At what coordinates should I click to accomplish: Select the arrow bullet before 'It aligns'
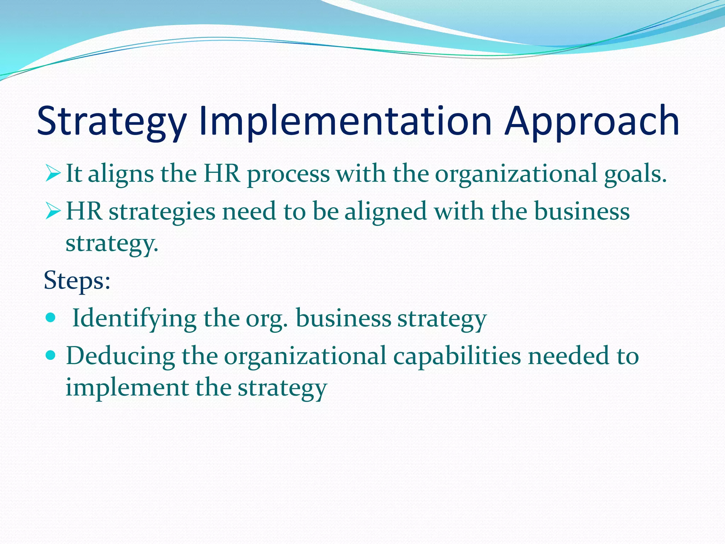pos(53,174)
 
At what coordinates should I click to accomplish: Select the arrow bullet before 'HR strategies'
pos(53,211)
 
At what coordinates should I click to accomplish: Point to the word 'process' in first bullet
pos(288,174)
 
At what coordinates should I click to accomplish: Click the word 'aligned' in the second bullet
pos(386,211)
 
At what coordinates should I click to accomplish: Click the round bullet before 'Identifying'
pos(51,318)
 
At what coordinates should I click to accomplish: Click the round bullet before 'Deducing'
pos(51,355)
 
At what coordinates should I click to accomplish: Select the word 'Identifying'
pos(134,318)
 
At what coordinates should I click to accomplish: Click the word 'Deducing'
pos(120,356)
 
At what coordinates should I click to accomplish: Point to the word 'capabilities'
pos(457,356)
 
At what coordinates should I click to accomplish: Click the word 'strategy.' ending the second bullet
pos(112,244)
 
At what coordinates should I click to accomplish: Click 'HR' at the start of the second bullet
pos(84,211)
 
